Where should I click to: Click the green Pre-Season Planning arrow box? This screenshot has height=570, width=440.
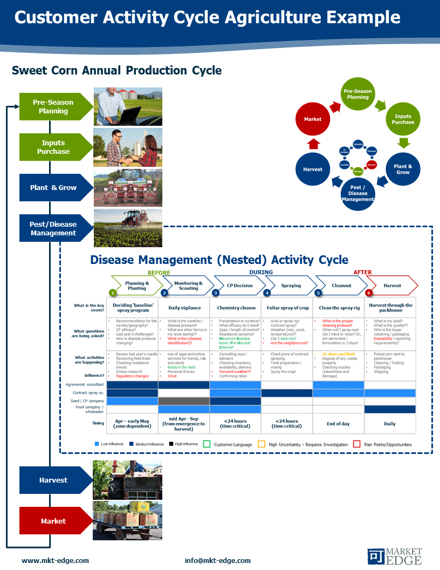point(53,106)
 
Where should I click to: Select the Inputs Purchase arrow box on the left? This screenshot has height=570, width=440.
point(53,147)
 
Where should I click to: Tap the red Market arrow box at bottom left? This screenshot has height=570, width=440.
point(53,521)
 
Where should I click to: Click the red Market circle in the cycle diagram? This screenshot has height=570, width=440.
point(313,119)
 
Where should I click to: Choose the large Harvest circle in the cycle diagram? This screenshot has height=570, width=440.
point(313,169)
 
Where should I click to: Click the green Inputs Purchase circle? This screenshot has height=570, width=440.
point(403,119)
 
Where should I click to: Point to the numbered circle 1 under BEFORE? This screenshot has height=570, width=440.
point(113,293)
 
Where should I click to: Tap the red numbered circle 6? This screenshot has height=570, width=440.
point(369,293)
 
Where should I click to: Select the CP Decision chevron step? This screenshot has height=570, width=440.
point(239,286)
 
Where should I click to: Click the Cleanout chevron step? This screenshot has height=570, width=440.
point(341,286)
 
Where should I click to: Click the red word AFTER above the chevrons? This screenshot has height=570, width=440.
point(362,273)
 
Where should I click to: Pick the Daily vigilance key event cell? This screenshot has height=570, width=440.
point(184,308)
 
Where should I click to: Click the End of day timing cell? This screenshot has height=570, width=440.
point(338,424)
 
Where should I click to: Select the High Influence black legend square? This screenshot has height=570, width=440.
point(170,444)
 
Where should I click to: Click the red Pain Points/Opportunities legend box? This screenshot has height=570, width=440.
point(356,444)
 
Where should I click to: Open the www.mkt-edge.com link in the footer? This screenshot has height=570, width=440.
point(55,560)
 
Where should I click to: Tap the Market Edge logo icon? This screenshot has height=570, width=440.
point(376,557)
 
